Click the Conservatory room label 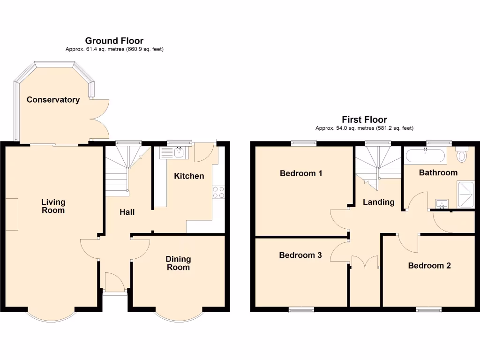(53, 100)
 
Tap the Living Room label (53, 206)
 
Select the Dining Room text (178, 263)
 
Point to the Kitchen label (189, 176)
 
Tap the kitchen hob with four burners (218, 192)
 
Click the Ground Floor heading (114, 41)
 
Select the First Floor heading (364, 120)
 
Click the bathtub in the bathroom (426, 156)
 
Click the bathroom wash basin (442, 204)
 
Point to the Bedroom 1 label (301, 173)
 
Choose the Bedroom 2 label (429, 266)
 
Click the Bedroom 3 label (300, 255)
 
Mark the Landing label (378, 202)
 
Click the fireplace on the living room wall (12, 214)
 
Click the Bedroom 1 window (303, 142)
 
